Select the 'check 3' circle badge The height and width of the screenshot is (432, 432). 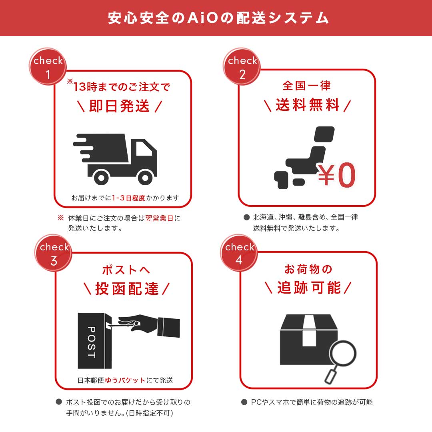click(x=54, y=253)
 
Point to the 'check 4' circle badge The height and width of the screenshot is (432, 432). click(x=239, y=253)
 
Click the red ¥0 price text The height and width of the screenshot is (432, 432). click(x=336, y=176)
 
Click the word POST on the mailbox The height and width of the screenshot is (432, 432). click(x=91, y=342)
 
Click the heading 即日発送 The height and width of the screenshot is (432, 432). click(x=119, y=106)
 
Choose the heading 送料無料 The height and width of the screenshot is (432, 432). click(x=307, y=106)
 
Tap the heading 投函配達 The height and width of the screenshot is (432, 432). click(x=126, y=288)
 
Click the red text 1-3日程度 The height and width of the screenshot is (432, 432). click(x=128, y=198)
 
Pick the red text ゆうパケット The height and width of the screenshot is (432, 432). click(x=125, y=380)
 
